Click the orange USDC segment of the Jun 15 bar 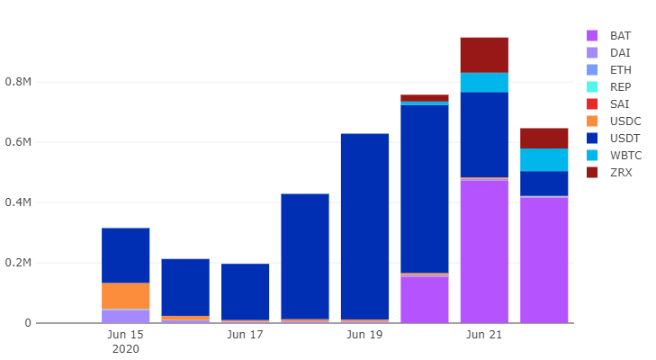[125, 295]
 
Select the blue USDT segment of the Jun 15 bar [125, 255]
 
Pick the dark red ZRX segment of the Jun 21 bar [484, 55]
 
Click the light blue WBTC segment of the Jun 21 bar [484, 82]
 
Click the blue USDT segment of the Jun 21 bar [484, 134]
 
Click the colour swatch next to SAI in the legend [592, 104]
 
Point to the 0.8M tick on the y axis [20, 82]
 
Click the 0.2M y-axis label [20, 263]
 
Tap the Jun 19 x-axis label [364, 335]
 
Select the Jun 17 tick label [245, 335]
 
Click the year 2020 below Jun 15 [125, 349]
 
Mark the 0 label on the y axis [28, 323]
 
